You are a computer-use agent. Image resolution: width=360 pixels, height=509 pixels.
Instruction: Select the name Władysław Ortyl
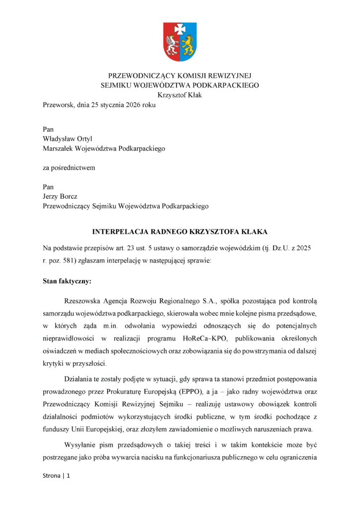coord(68,139)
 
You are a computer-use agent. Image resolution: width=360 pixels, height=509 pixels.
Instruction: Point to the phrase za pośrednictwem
coord(69,168)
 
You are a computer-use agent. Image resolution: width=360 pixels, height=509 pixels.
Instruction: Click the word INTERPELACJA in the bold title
coord(115,232)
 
